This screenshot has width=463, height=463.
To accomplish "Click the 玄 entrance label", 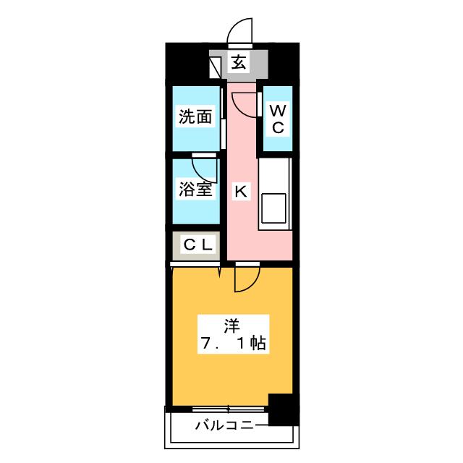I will [238, 63].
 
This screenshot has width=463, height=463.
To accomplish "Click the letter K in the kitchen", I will [240, 192].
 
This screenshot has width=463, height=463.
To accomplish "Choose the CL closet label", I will [197, 245].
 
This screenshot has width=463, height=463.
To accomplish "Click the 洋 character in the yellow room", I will [232, 323].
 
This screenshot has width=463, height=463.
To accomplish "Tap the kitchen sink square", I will [274, 208].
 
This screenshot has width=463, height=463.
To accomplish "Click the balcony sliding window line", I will [230, 409].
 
